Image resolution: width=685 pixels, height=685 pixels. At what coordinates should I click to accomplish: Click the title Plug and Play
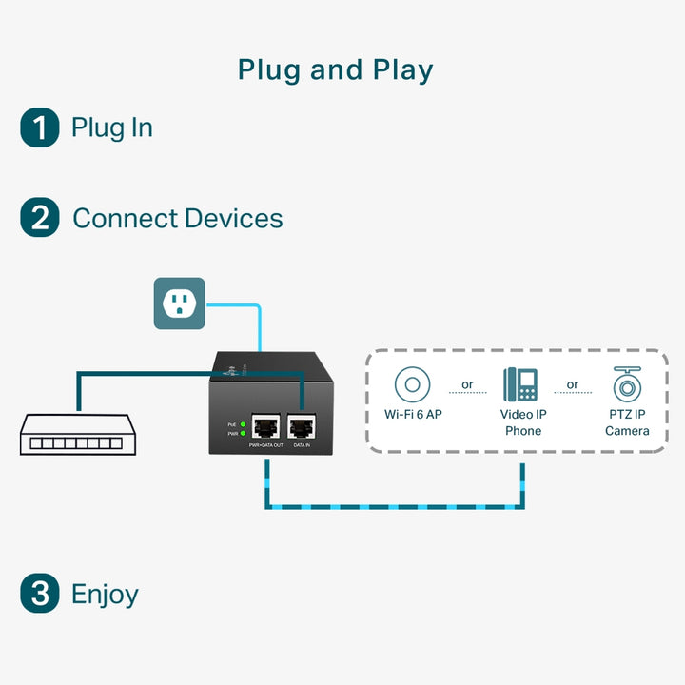[x=335, y=70]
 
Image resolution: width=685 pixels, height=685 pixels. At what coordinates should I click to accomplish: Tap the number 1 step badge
[x=39, y=127]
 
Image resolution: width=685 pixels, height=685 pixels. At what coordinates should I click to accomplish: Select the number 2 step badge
[x=39, y=218]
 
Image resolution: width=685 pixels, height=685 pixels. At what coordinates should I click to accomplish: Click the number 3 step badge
[x=39, y=594]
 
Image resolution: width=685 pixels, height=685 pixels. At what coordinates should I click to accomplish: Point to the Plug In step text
[x=111, y=127]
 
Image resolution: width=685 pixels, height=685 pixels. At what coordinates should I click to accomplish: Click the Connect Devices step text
[x=177, y=218]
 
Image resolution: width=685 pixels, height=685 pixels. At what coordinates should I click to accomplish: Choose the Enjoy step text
[x=105, y=595]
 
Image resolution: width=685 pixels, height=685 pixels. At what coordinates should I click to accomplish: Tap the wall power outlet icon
[x=179, y=303]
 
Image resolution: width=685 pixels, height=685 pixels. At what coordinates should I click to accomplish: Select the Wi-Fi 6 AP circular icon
[x=412, y=385]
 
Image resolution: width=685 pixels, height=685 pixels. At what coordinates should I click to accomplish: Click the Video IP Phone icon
[x=520, y=385]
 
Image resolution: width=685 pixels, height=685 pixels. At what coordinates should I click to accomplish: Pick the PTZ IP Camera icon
[x=627, y=384]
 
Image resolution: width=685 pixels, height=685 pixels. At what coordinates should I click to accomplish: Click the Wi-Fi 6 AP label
[x=413, y=415]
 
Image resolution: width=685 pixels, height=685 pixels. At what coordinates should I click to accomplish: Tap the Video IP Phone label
[x=522, y=422]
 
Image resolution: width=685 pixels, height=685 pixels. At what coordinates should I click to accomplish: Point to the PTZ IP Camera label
[x=627, y=422]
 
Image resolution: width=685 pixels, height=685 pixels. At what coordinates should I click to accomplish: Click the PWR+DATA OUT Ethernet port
[x=265, y=427]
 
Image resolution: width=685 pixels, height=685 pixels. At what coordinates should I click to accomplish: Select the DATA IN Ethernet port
[x=302, y=427]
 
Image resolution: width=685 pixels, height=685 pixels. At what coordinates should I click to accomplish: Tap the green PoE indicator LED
[x=243, y=423]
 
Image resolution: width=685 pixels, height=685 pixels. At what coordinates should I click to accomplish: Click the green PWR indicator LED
[x=243, y=434]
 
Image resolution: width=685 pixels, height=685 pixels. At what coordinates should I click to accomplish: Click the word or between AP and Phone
[x=467, y=385]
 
